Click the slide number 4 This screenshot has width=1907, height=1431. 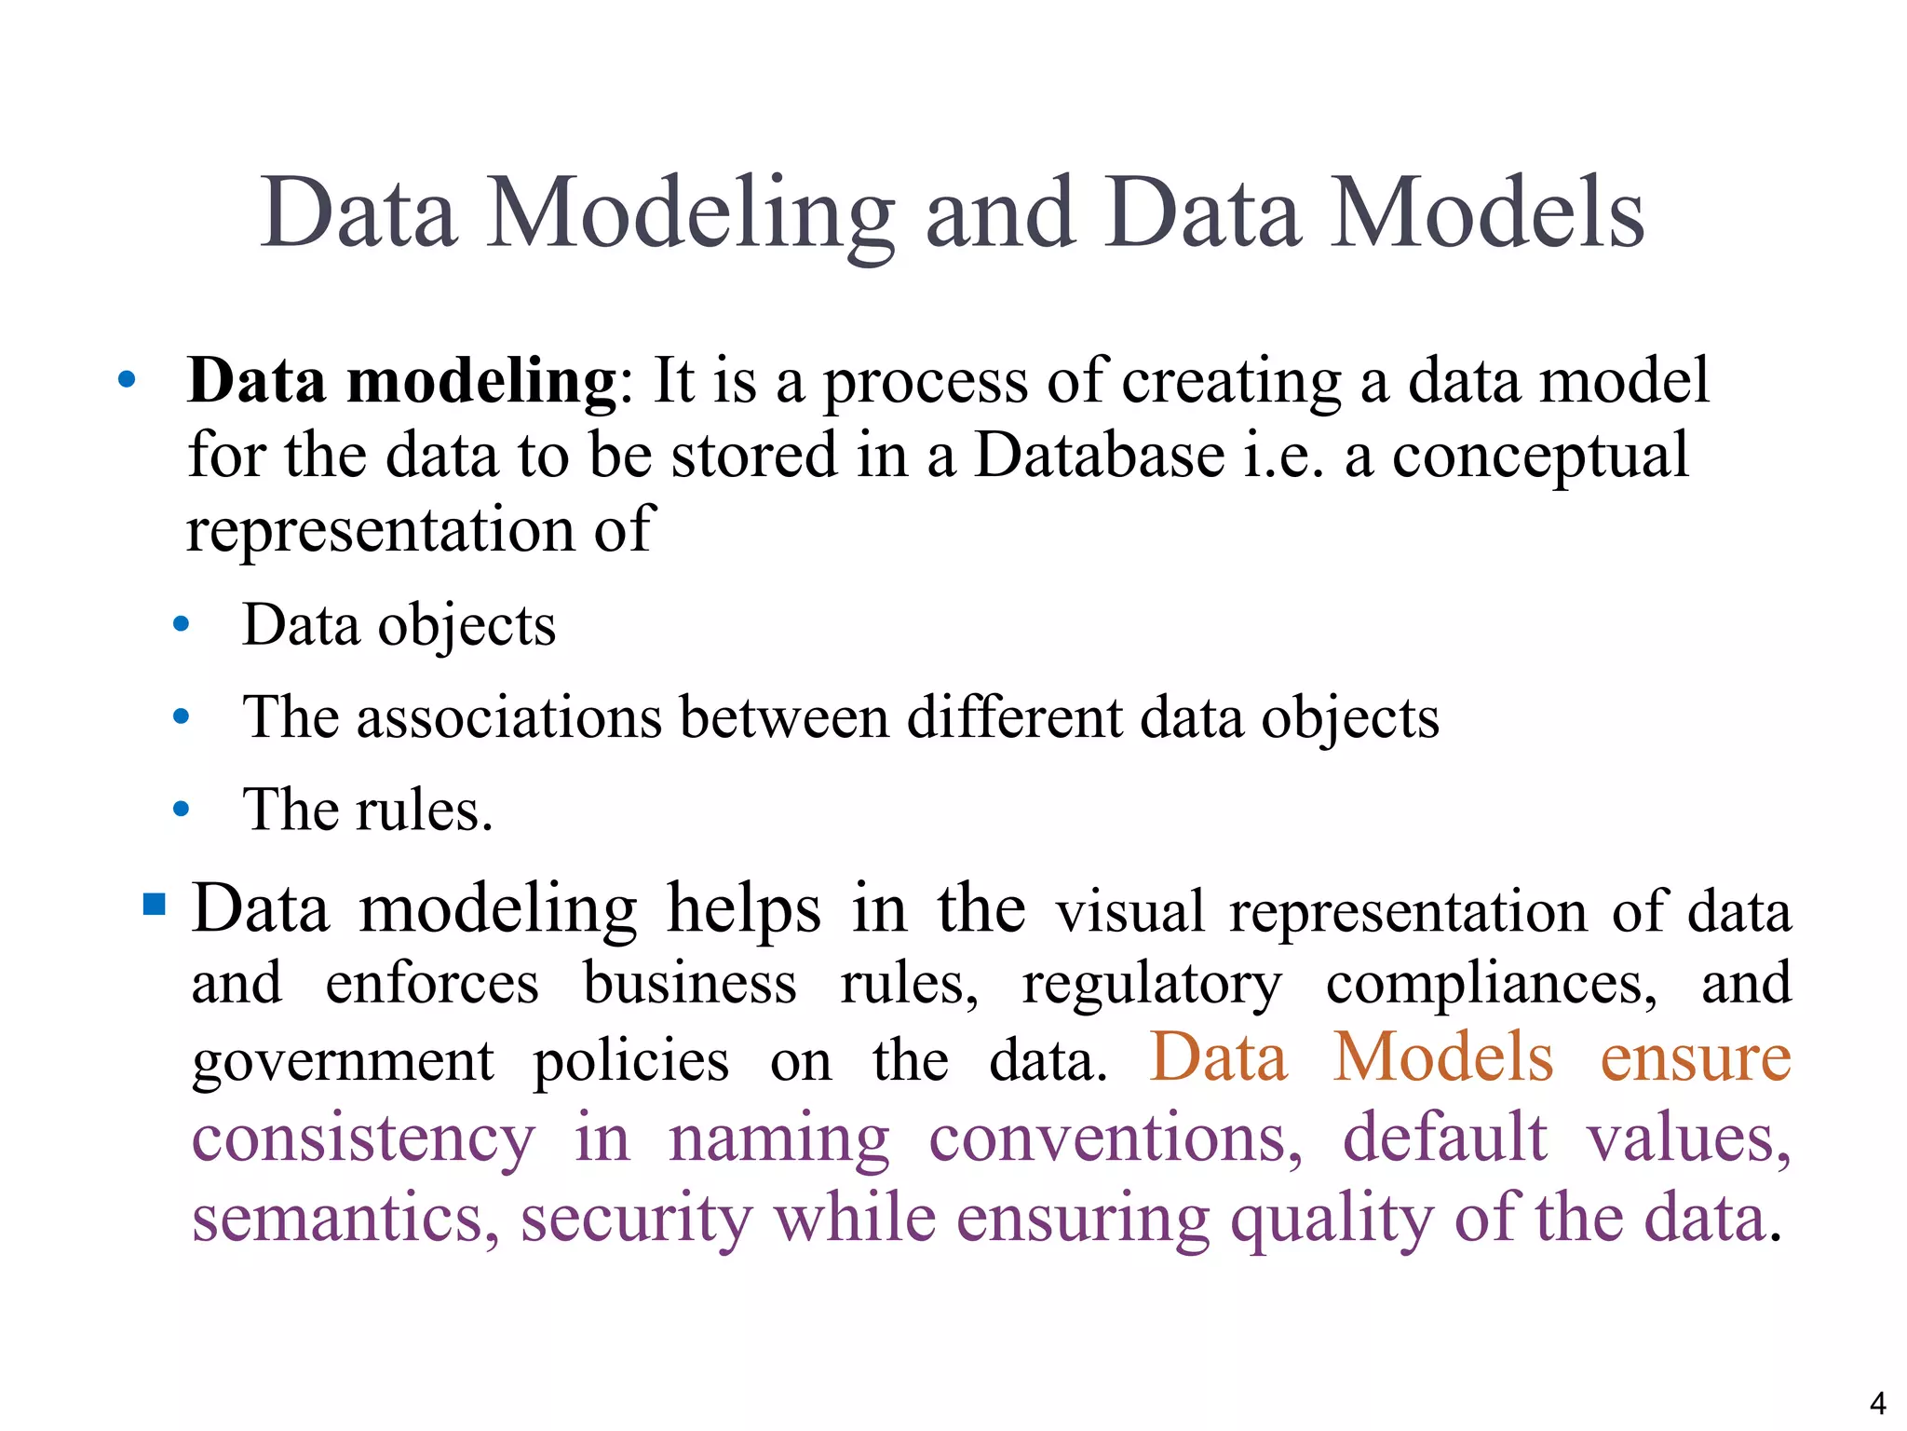(x=1877, y=1402)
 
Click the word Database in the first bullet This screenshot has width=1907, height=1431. (x=1099, y=456)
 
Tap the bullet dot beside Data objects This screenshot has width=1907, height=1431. (x=182, y=625)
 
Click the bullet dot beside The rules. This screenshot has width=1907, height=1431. (x=182, y=810)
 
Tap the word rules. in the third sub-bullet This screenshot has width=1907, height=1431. (x=424, y=810)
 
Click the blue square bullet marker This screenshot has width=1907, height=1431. (x=155, y=904)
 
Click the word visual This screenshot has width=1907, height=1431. (x=1130, y=911)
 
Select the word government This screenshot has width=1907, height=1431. (x=343, y=1062)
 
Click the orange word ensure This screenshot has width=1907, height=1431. (x=1695, y=1058)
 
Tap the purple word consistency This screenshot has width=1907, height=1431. (x=363, y=1140)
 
